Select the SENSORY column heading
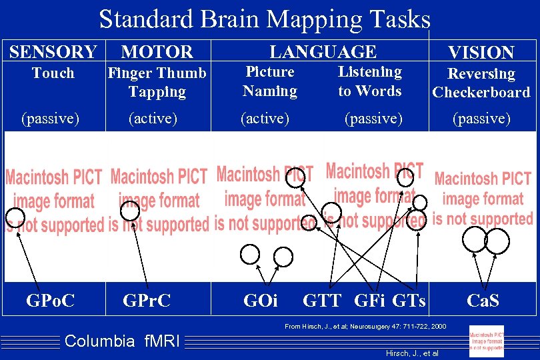[53, 51]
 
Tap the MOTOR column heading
[157, 51]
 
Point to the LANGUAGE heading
[323, 51]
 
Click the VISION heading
[481, 53]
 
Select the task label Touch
[53, 73]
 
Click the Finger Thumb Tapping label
[157, 82]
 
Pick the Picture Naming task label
[270, 81]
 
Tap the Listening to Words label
[370, 81]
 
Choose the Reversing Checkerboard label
[481, 83]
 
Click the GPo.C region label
[50, 301]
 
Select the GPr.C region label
[147, 301]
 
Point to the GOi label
[261, 301]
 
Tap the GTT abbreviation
[322, 301]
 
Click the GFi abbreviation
[369, 301]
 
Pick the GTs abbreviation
[409, 301]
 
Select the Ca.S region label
[483, 300]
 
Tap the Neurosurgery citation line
[365, 326]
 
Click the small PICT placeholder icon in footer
[486, 341]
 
